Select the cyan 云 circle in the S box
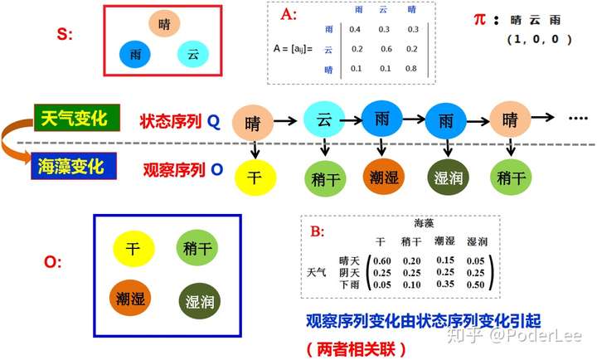pos(192,55)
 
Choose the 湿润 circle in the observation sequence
pos(446,178)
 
